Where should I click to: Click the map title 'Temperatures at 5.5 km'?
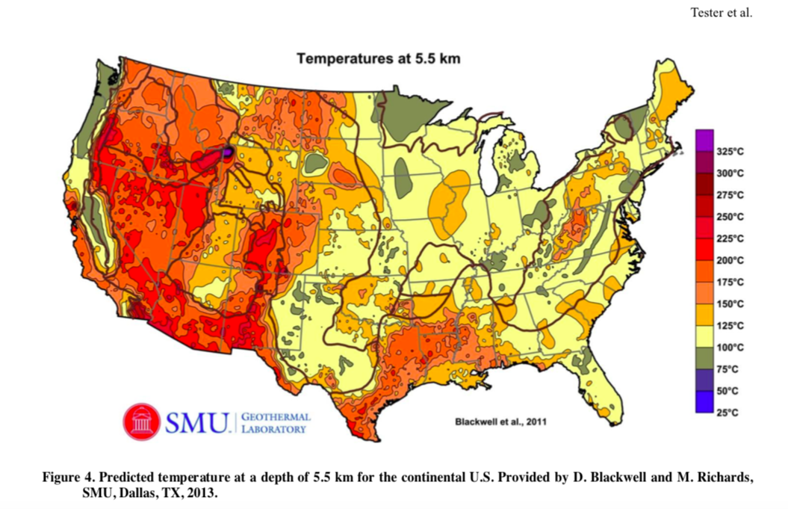pyautogui.click(x=378, y=58)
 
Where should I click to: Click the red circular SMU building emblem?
pyautogui.click(x=141, y=422)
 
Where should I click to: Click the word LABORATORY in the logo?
pyautogui.click(x=273, y=429)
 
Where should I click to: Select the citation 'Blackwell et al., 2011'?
pyautogui.click(x=500, y=422)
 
